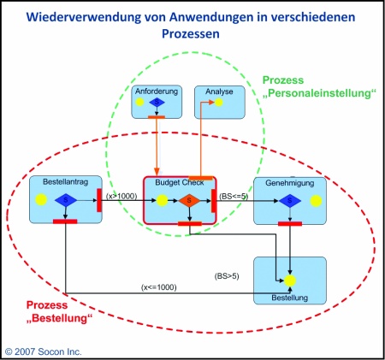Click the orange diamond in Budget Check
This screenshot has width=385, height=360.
coord(189,201)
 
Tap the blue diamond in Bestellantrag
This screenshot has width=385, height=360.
coord(66,200)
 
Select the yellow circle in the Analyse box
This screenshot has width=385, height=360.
coord(219,103)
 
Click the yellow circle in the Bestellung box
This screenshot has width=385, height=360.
coord(290,280)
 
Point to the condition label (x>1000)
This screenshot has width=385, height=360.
coord(121,196)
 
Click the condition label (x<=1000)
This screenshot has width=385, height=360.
coord(159,287)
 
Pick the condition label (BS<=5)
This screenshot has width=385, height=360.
coord(234,196)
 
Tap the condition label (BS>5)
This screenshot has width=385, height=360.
coord(227,276)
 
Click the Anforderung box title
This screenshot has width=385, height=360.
coord(157,91)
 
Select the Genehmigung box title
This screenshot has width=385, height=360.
coord(290,183)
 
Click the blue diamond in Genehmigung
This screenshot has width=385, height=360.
coord(290,201)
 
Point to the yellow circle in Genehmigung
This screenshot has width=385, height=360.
coord(316,201)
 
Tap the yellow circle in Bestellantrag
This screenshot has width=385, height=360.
coord(41,199)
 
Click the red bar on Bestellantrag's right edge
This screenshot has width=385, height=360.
coord(99,200)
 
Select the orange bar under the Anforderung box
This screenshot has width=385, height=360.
coord(157,117)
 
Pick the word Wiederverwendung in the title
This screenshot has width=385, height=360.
coord(84,17)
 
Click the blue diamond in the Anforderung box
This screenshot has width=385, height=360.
coord(157,102)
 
